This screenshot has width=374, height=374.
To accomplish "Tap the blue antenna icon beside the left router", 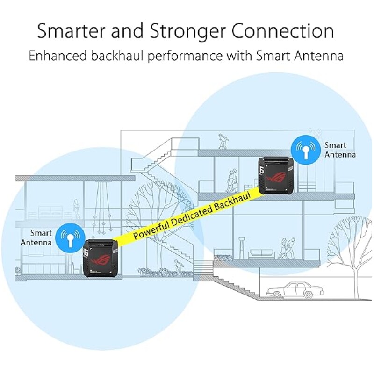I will [70, 237].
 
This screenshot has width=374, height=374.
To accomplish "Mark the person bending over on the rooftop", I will [223, 141].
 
